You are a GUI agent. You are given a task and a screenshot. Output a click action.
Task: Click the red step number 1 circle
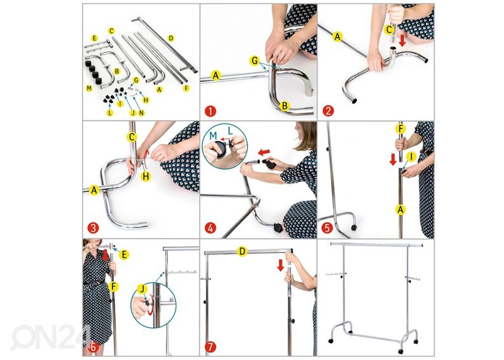click(210, 111)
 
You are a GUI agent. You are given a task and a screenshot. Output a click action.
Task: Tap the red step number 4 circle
click(210, 228)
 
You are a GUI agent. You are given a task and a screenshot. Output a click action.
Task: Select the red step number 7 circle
click(210, 347)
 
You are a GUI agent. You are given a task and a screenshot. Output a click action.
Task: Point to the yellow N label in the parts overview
click(141, 113)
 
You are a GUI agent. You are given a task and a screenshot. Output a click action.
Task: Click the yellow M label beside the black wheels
click(89, 88)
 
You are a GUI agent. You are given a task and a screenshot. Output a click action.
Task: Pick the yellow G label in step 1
click(255, 60)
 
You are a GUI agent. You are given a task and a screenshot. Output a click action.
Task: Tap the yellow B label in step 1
click(284, 106)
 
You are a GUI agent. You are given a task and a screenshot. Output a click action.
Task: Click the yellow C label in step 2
click(389, 30)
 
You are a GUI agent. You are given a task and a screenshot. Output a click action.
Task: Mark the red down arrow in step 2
click(402, 41)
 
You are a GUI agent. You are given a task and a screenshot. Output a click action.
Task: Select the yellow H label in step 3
click(146, 176)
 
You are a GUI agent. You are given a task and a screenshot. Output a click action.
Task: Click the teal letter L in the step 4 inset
click(230, 130)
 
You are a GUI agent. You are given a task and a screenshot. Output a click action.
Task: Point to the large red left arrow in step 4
click(265, 151)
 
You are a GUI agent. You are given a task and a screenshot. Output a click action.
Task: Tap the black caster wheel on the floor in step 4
click(277, 228)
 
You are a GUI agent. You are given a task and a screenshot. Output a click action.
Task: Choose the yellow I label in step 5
click(411, 157)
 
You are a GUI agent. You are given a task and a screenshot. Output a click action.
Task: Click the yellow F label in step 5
click(400, 129)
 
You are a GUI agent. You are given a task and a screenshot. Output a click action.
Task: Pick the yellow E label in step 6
click(123, 255)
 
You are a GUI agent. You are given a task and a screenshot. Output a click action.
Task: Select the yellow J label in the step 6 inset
click(143, 289)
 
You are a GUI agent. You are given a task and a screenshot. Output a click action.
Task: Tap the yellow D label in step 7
click(242, 251)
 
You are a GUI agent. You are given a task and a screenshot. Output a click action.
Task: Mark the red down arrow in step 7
click(281, 265)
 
